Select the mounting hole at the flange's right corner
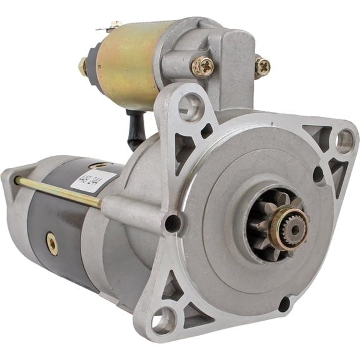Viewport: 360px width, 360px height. click(344, 141)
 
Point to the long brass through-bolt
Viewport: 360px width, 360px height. click(56, 191)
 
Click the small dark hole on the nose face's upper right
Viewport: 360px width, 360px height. click(318, 174)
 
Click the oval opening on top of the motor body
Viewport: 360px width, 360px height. click(100, 165)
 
